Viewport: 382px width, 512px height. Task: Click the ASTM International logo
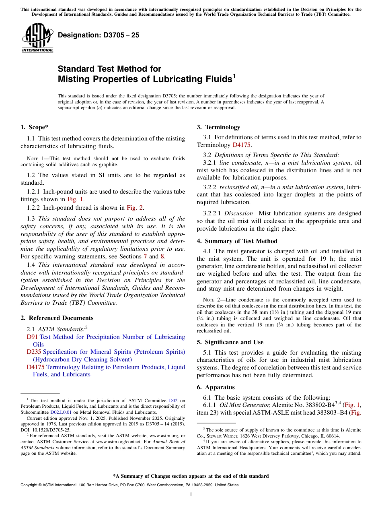coord(37,37)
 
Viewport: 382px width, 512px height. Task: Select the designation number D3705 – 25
coord(99,35)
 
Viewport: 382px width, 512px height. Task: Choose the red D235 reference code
coord(34,352)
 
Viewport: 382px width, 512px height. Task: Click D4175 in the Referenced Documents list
coord(35,367)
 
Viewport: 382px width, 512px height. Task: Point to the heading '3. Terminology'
coord(218,127)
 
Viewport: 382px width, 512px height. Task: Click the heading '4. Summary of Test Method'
coord(237,241)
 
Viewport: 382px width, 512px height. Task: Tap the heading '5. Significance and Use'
coord(230,342)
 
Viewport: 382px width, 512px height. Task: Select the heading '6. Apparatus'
coord(216,387)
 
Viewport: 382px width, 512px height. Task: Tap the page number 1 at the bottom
coord(191,495)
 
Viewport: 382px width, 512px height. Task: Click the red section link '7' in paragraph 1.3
coord(151,256)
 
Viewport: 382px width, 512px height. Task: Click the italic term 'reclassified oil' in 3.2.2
coord(239,187)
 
